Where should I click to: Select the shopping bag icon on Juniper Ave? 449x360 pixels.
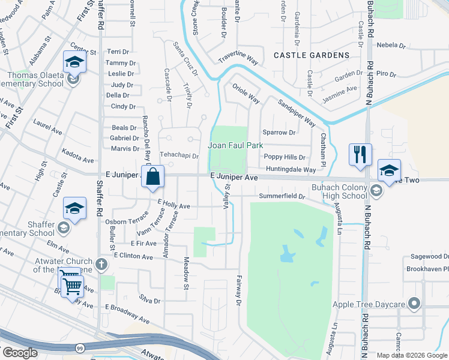click(x=153, y=176)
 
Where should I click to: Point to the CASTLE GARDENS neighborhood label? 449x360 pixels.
click(x=311, y=55)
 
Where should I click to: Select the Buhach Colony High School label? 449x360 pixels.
click(x=338, y=191)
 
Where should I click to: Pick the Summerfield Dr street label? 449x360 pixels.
click(x=282, y=196)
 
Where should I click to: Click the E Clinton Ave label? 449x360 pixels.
click(x=134, y=256)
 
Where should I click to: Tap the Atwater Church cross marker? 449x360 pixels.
click(x=101, y=264)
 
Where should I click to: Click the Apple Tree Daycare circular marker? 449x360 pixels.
click(x=412, y=303)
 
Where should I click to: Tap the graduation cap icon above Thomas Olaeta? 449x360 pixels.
click(x=74, y=62)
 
